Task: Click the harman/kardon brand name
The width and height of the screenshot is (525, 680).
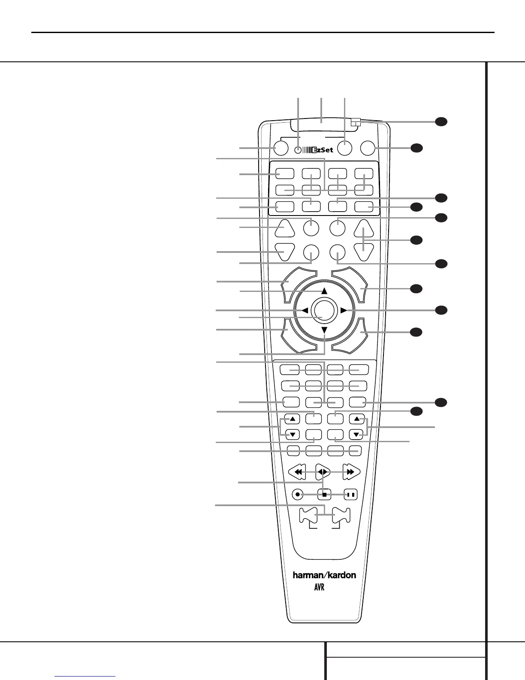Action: [x=324, y=575]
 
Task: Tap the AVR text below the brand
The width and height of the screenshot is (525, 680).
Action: [x=319, y=587]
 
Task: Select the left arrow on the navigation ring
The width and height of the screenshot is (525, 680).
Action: [x=304, y=310]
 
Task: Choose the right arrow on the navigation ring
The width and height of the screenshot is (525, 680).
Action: [x=344, y=310]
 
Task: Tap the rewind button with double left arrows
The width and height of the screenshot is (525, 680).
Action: [x=297, y=472]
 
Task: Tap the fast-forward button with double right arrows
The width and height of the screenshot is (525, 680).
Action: [x=351, y=472]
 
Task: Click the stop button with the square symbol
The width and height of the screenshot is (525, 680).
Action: [x=325, y=495]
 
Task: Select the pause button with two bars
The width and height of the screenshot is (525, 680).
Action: [x=351, y=495]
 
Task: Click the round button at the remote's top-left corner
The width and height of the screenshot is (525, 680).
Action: [x=280, y=148]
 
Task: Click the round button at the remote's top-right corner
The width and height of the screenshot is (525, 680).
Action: [x=368, y=148]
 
